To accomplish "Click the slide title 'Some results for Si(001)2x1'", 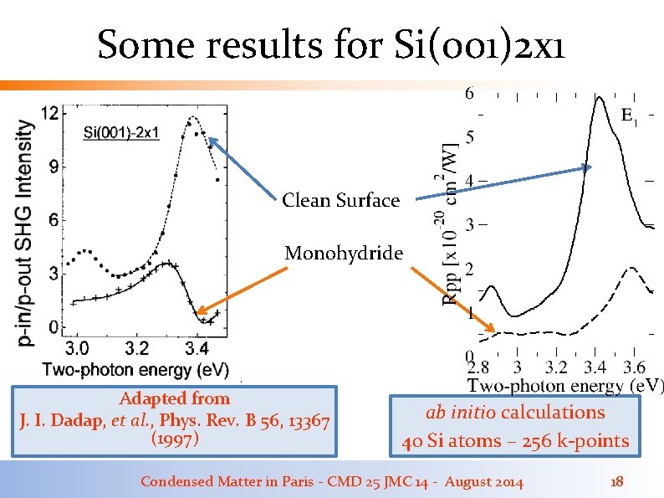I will (x=331, y=45).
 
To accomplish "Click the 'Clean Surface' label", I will (x=340, y=200).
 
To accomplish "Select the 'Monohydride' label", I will (x=343, y=253).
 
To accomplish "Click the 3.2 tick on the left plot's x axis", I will (x=138, y=347).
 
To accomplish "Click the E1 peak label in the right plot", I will (x=630, y=116).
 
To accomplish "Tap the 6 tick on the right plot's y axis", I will (x=469, y=93).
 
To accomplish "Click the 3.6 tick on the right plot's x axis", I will (x=634, y=367).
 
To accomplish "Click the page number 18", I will (x=617, y=481).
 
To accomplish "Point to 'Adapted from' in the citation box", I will (x=175, y=398).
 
